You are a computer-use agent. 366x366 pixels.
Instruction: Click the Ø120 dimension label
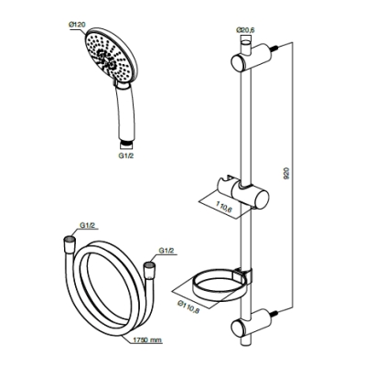point(77,25)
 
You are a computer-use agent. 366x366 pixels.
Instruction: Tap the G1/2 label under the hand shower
point(126,156)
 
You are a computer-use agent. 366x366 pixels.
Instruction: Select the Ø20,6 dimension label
point(245,30)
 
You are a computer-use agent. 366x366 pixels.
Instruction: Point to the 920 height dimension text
point(287,174)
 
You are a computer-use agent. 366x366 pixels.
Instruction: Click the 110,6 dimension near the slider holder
point(224,209)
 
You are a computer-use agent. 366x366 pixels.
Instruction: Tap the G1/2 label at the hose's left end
point(88,226)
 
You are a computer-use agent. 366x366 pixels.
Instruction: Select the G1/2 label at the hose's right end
point(167,251)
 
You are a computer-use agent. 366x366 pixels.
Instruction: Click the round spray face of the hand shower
point(111,56)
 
